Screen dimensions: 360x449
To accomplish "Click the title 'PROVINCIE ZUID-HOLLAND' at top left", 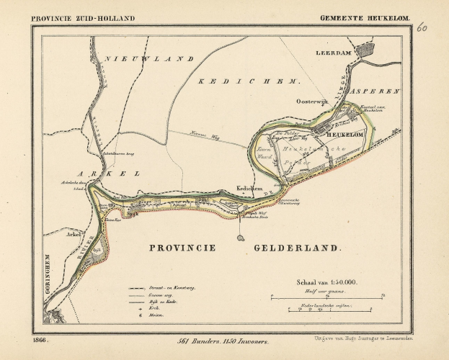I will point(83,17).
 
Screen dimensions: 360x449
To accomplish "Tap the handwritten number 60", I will point(421,28).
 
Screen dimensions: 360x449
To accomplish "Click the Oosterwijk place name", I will point(312,102).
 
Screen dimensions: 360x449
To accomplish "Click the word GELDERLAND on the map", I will point(297,247).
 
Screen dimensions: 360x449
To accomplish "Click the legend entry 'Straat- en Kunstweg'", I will point(177,287).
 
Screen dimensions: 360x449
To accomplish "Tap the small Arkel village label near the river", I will point(73,235).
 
